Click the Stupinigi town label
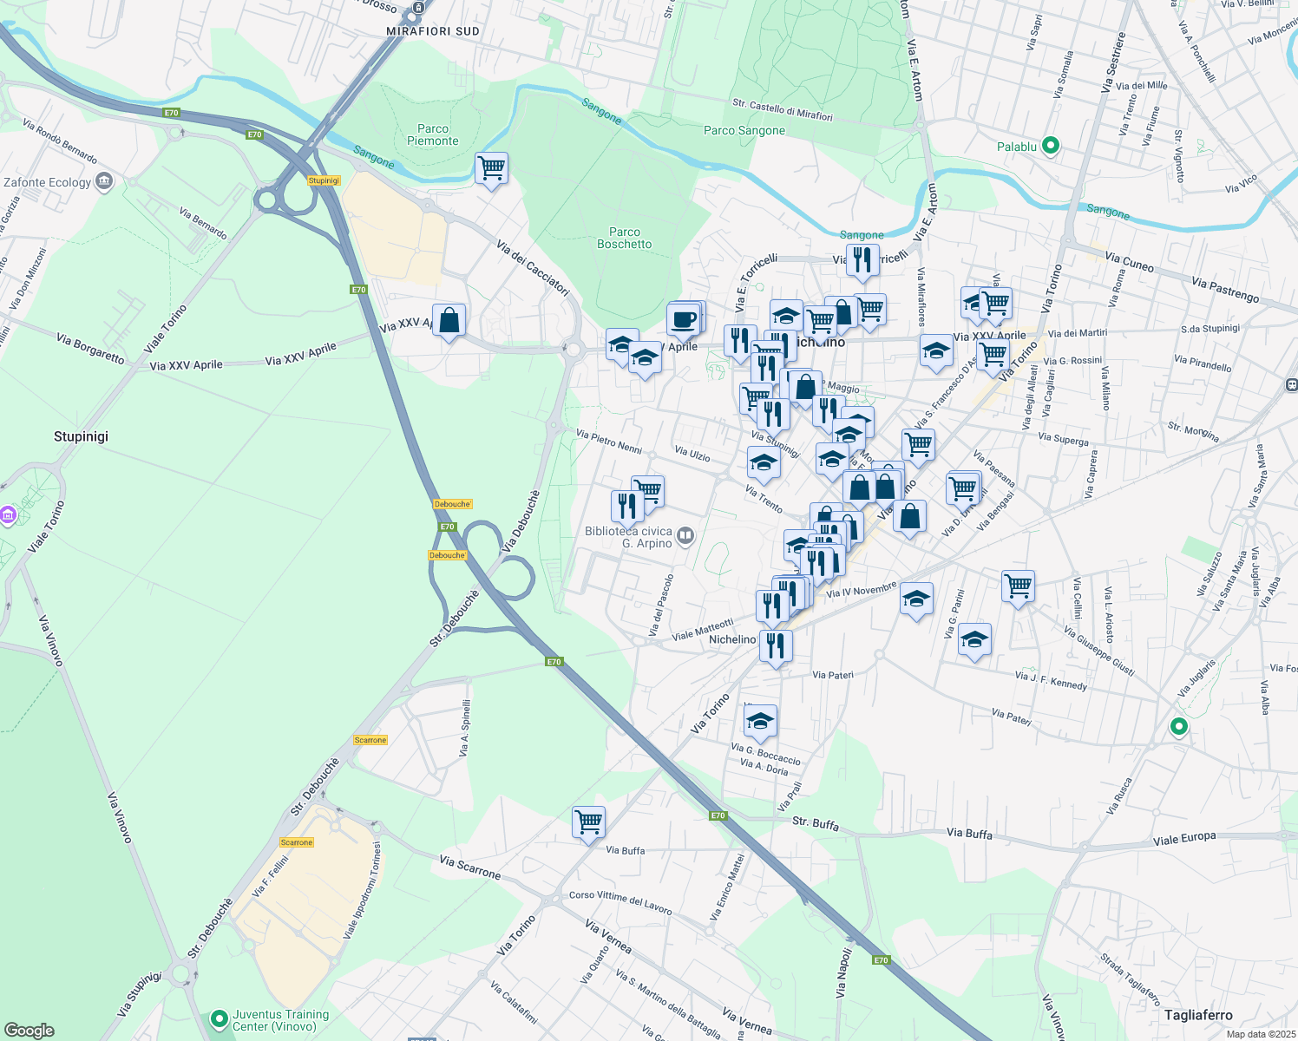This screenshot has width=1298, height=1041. coord(81,436)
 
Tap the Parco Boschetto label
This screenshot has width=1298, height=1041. coord(624,238)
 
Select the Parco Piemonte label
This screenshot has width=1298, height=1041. coord(432,134)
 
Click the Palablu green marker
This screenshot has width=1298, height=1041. coord(1051,146)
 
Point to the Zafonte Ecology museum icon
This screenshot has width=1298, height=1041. coord(105,181)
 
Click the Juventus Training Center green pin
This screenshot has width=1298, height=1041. coord(220,1018)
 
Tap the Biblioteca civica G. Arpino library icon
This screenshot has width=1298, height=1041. coord(685,535)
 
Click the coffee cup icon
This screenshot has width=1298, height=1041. coord(684,319)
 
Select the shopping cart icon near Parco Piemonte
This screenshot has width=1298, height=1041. coord(491,167)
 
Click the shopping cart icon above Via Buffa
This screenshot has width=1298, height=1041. coord(588,821)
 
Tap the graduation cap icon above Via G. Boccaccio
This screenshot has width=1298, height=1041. coord(760,720)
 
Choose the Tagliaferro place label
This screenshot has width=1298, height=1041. coord(1198,1015)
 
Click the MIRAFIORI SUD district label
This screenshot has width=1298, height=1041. coord(432,31)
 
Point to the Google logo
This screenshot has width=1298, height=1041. coord(29,1031)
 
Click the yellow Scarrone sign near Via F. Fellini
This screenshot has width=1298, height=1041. coord(296,842)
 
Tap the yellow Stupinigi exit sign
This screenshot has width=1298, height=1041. coord(324,180)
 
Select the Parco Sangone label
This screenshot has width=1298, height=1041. coord(744,131)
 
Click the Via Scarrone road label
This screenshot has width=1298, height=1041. coord(469,867)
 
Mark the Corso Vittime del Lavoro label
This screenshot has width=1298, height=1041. coord(620,902)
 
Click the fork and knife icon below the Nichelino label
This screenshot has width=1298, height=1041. coord(776,645)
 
